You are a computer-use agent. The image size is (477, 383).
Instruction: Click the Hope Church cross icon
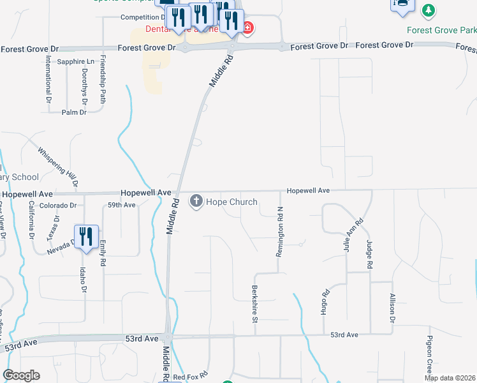coord(196,202)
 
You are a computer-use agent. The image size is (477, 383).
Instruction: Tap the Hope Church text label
coord(231,202)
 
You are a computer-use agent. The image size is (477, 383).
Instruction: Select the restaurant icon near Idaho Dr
coord(85,237)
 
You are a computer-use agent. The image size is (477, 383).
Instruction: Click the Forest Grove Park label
coord(441,30)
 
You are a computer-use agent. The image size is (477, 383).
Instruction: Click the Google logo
coord(21,375)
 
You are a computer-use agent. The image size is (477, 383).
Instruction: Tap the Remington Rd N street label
coord(279,233)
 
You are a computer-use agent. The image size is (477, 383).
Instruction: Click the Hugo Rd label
coord(325,303)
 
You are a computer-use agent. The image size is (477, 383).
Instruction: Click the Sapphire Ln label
coord(75,61)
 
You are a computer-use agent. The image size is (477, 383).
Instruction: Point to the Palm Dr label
coord(74,112)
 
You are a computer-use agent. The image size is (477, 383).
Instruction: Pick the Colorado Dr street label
coord(58,206)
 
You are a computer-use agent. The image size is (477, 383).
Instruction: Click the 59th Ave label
coord(121,205)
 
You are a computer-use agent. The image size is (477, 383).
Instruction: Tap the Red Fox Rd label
coord(191,376)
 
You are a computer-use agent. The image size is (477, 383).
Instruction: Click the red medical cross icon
coord(247,28)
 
